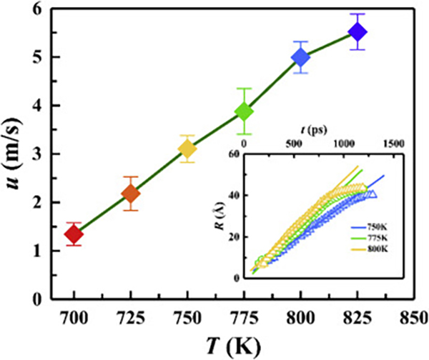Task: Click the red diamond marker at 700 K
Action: point(74,234)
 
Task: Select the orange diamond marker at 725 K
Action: point(130,193)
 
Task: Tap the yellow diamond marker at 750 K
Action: point(187,149)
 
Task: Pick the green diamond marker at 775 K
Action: point(244,111)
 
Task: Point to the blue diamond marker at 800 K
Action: point(300,57)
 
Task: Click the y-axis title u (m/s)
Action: point(16,154)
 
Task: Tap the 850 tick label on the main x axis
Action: point(413,316)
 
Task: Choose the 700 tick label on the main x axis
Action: point(74,316)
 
